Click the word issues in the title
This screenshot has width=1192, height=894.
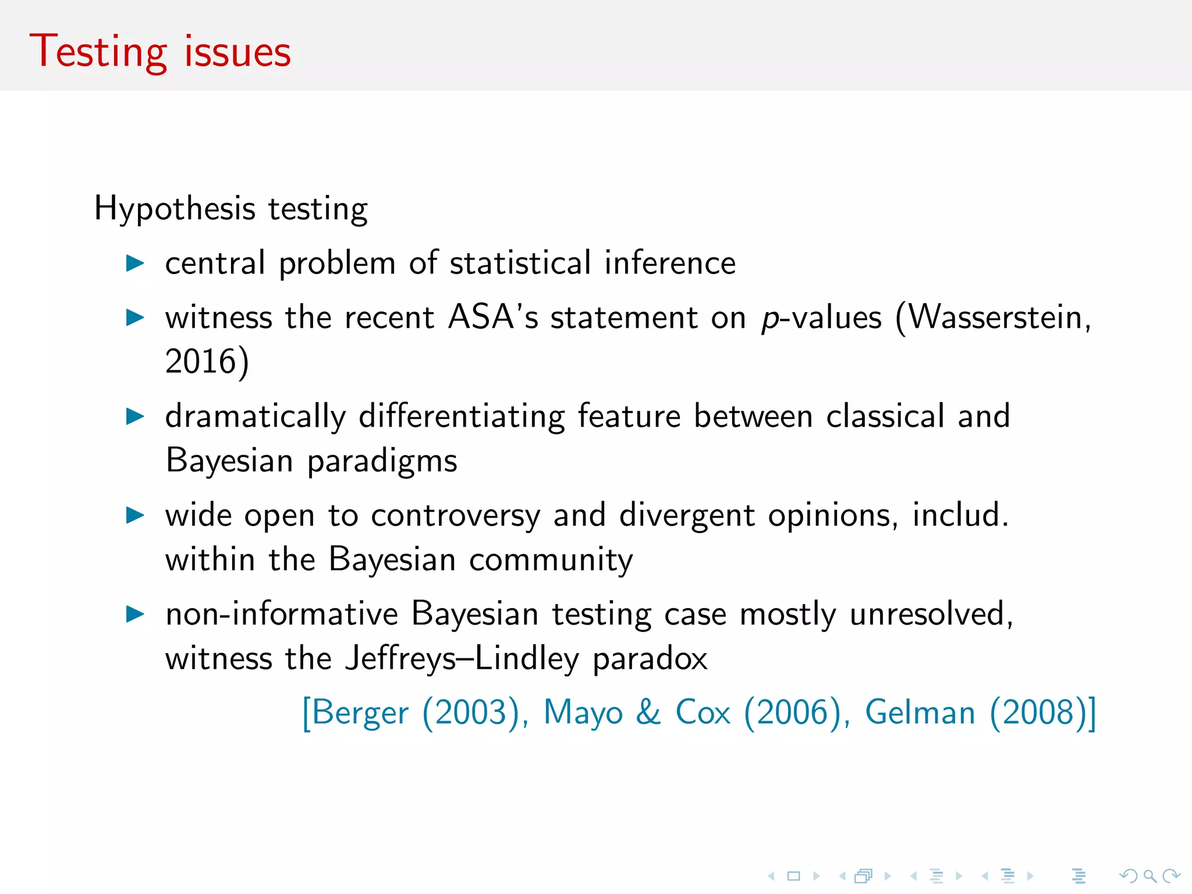coord(237,52)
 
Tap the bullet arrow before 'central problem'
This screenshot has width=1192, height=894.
coord(135,263)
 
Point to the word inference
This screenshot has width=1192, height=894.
coord(670,263)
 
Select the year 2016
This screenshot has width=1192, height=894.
coord(200,361)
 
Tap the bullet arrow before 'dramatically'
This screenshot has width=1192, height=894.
coord(135,416)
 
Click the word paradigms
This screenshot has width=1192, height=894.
coord(382,461)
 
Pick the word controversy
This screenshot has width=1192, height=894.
coord(456,516)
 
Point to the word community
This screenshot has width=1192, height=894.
coord(551,560)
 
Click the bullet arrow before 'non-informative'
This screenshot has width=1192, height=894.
coord(135,614)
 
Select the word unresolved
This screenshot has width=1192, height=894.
coord(931,614)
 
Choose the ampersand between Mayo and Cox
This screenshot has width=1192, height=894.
coord(648,712)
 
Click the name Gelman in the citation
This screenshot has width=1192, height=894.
coord(920,712)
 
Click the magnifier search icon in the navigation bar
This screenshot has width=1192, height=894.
coord(1149,876)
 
